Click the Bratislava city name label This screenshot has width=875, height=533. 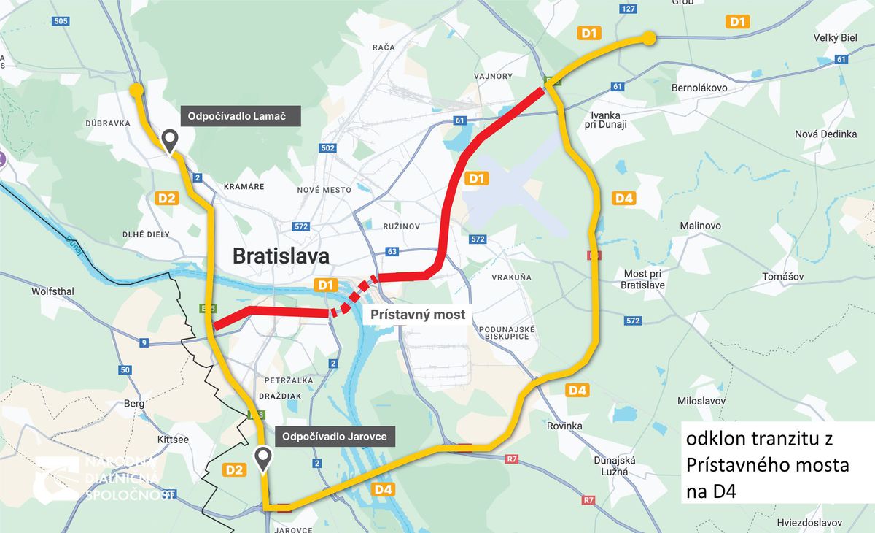281,256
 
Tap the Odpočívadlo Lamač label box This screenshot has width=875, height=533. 241,116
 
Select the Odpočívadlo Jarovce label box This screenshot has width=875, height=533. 335,437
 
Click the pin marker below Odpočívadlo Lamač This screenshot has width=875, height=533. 170,141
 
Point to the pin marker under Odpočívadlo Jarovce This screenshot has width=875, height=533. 263,459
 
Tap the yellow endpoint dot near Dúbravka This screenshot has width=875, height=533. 136,90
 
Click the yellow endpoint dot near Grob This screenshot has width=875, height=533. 648,39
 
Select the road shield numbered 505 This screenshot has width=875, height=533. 61,21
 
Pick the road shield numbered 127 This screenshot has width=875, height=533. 629,9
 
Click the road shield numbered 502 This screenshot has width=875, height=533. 328,149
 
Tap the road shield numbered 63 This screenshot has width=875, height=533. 392,252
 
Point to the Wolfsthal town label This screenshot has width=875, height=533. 52,291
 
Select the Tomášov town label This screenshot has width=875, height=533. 782,277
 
